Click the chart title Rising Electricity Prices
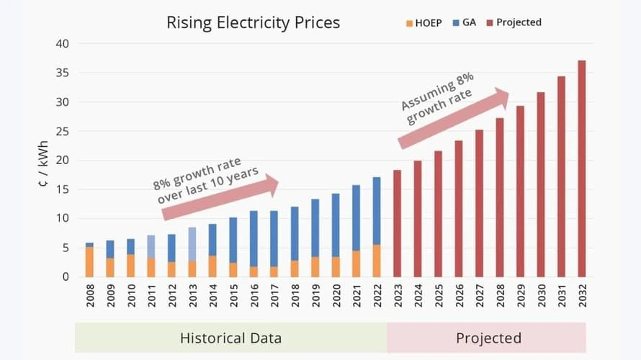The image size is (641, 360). tap(253, 22)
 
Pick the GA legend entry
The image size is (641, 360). tap(464, 22)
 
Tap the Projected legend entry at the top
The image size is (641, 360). tap(514, 22)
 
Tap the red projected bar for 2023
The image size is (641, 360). tap(397, 223)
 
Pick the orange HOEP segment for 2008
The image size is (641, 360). tap(89, 262)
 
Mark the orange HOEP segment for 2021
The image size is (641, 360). tap(356, 264)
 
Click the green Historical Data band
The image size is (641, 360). tap(230, 338)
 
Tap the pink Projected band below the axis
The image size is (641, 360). tap(488, 338)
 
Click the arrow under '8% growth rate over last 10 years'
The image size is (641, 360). tap(220, 198)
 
